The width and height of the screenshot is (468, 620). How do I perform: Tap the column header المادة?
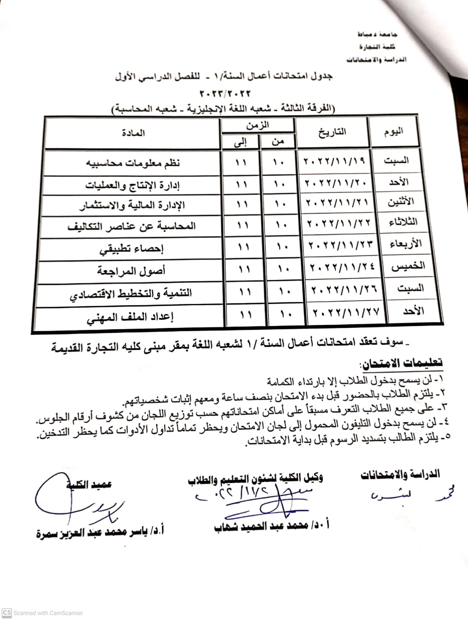(x=133, y=133)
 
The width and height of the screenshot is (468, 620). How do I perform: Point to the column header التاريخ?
(x=332, y=132)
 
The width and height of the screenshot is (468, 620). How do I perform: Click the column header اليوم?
(x=393, y=131)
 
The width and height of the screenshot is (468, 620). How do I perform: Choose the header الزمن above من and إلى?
(x=257, y=125)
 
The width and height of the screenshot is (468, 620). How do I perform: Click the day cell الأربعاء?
(x=404, y=244)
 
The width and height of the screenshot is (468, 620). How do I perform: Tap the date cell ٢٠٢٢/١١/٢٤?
(x=342, y=267)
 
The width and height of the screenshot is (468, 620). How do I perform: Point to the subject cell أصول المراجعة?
(x=131, y=270)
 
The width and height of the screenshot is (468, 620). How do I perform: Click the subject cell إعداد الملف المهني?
(x=130, y=317)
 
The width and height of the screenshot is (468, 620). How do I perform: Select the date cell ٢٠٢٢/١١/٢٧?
(x=346, y=312)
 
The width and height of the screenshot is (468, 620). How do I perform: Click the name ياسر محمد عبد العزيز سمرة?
(x=100, y=532)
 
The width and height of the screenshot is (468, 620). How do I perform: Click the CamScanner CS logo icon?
(x=7, y=613)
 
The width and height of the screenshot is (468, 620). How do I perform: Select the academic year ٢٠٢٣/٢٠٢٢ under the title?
(x=225, y=93)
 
